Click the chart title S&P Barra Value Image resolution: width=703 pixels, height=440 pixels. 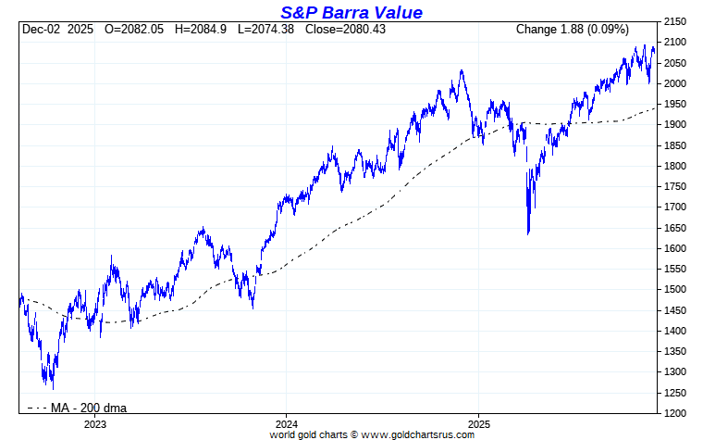[351, 12]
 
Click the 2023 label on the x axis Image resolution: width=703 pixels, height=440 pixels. [94, 424]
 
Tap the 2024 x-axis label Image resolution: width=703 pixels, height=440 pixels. [286, 424]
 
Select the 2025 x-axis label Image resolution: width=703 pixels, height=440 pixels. [478, 424]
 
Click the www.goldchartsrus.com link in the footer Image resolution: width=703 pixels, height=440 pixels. [417, 434]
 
